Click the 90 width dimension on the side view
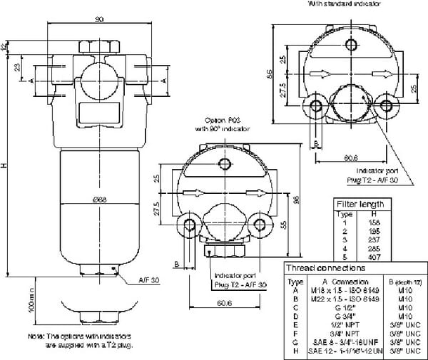click(98, 20)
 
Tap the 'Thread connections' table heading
click(325, 268)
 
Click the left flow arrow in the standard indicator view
click(320, 73)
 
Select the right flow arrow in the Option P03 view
click(244, 191)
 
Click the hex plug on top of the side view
click(98, 46)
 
